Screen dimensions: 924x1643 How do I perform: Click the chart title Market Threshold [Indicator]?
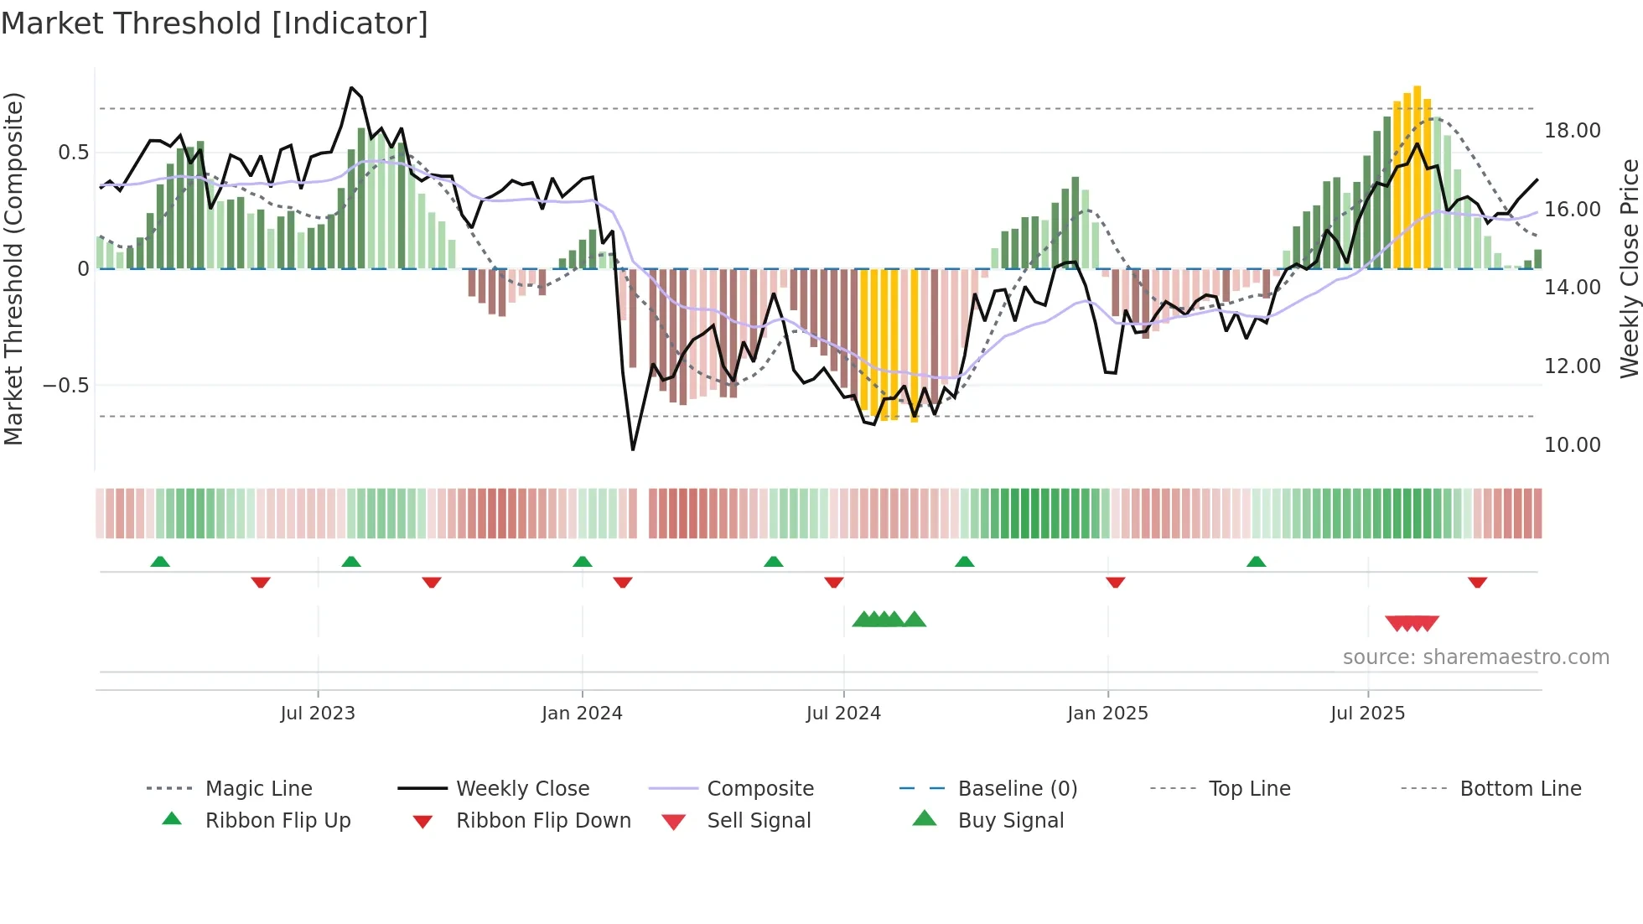point(215,23)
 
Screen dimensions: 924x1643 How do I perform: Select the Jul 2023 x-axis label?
point(318,714)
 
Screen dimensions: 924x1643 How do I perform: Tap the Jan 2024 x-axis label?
point(582,714)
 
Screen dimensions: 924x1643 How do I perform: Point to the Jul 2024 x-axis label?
point(843,714)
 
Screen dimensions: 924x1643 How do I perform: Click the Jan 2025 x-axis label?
point(1107,714)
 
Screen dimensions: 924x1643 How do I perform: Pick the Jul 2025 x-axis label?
point(1367,714)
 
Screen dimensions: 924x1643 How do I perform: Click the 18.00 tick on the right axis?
point(1572,131)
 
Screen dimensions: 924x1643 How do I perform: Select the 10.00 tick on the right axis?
point(1572,445)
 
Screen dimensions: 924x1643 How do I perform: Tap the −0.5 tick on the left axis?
point(65,386)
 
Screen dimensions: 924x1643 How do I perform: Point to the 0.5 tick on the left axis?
point(73,153)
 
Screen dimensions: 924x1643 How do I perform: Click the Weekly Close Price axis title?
point(1629,268)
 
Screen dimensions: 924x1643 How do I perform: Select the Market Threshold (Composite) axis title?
point(13,268)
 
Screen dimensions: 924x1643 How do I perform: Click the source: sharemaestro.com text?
point(1475,657)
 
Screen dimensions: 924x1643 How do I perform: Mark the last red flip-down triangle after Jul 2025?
point(1477,582)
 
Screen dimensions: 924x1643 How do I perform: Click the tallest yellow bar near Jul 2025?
point(1417,176)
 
